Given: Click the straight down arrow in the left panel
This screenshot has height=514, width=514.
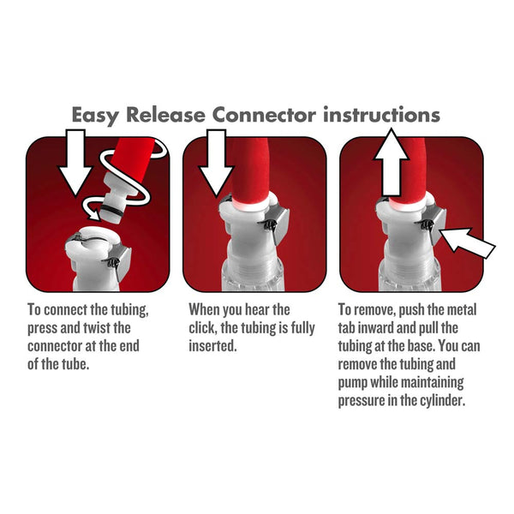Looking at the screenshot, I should (75, 161).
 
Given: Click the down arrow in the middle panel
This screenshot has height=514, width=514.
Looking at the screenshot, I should (216, 163).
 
